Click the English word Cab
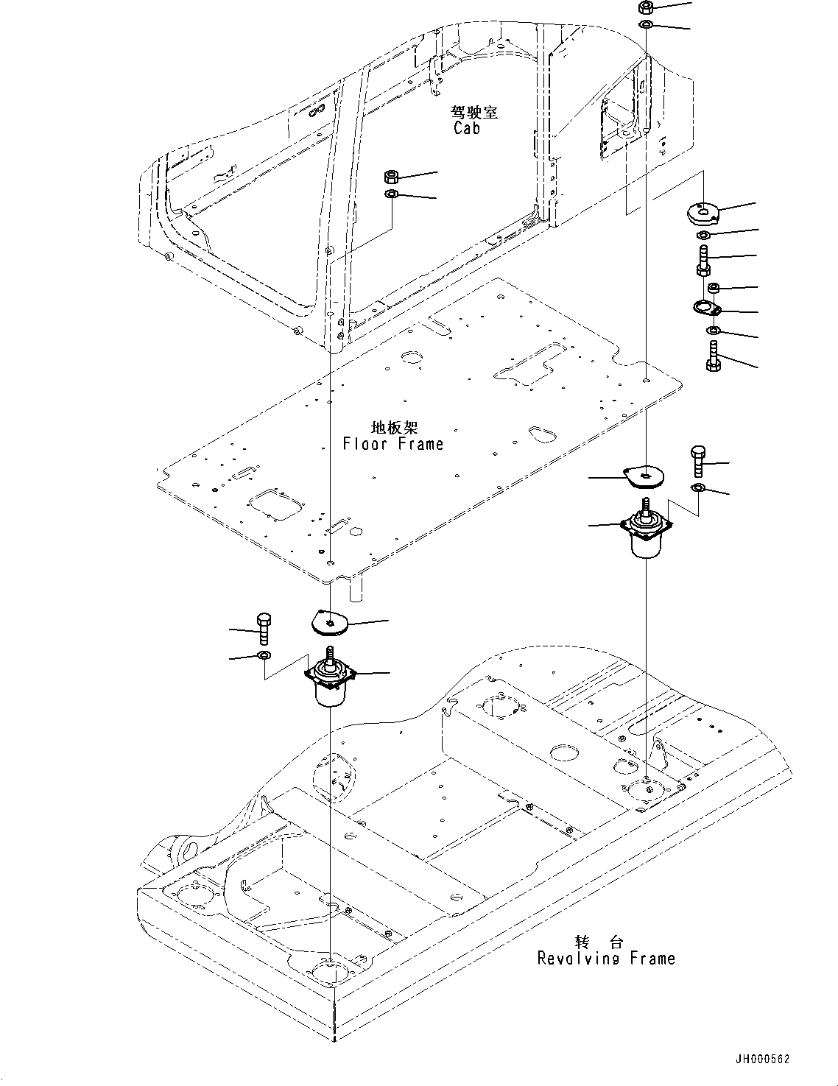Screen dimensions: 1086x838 click(466, 128)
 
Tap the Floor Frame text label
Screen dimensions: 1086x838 click(393, 444)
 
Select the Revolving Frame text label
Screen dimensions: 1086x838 click(605, 958)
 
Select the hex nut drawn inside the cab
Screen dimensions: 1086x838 click(392, 177)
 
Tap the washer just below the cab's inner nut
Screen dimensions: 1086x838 click(392, 194)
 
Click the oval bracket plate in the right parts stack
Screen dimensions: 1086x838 click(709, 308)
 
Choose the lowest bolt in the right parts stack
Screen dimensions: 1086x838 click(713, 356)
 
